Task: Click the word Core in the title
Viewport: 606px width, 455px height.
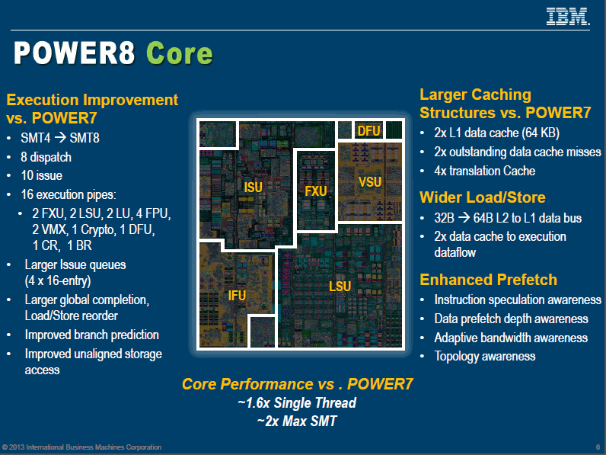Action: coord(179,53)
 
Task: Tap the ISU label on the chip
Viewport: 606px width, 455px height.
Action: coord(253,187)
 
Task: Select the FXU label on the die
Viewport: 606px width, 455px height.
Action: coord(315,191)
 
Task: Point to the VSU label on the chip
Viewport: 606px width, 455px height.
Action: coord(369,181)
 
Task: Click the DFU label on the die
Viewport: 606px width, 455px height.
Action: coord(368,131)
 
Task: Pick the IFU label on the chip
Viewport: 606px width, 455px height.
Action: coord(238,295)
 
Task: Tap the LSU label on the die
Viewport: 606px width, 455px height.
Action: coord(340,286)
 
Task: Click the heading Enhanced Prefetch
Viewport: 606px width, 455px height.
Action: coord(488,280)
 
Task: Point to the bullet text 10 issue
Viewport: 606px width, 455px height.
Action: coord(45,175)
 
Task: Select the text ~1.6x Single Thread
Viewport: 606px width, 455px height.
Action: coord(296,402)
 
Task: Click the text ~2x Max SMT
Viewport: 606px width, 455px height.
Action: coord(296,420)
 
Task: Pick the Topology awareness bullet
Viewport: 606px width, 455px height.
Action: coord(485,356)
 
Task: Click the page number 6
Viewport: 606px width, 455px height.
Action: coord(597,447)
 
